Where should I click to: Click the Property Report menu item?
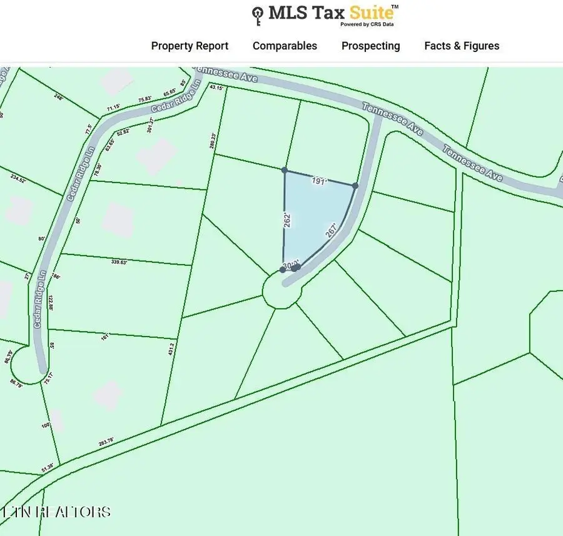(x=190, y=46)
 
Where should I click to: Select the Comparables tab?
(x=285, y=46)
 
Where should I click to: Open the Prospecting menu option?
(x=370, y=46)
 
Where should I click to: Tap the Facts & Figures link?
(x=462, y=46)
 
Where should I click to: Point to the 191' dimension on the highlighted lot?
(x=320, y=181)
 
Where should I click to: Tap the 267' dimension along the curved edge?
(x=332, y=230)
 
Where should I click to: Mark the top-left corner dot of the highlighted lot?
(x=285, y=170)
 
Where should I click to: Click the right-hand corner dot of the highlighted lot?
(x=355, y=186)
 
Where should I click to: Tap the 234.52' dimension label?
(x=19, y=178)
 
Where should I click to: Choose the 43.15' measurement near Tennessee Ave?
(x=216, y=88)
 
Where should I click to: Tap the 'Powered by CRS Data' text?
(x=367, y=25)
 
